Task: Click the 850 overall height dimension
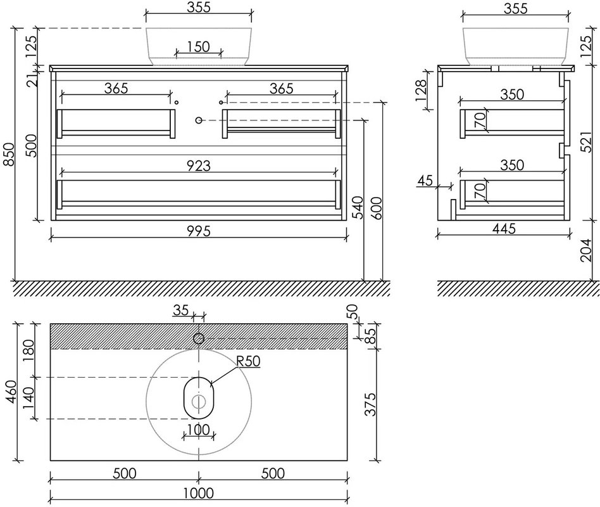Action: [9, 155]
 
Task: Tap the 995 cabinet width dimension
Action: [199, 231]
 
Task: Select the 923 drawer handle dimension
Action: [199, 165]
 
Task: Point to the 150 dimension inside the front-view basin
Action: [199, 47]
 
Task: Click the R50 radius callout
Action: [248, 361]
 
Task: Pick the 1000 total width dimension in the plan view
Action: [199, 493]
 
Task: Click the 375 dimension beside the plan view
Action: [370, 404]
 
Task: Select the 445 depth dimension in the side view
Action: [504, 229]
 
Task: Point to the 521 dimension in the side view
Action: [585, 141]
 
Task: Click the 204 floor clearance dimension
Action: [585, 250]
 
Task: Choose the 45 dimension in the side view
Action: [425, 180]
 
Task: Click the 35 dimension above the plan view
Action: [180, 310]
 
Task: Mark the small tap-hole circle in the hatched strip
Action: [199, 339]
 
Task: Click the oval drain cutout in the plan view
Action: [199, 398]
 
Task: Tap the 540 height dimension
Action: [358, 207]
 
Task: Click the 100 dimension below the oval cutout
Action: [199, 430]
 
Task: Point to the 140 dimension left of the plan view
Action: [28, 398]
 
